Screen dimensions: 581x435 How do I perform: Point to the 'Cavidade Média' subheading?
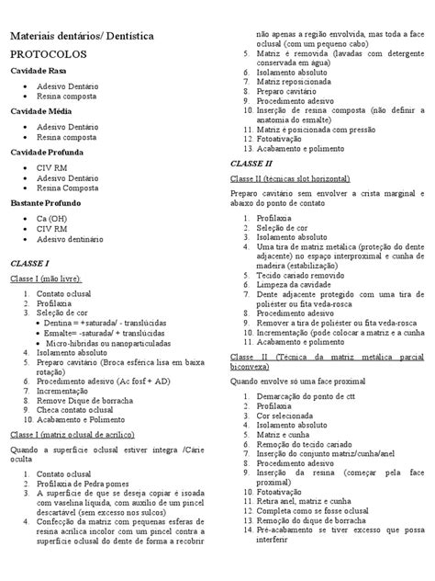pyautogui.click(x=41, y=110)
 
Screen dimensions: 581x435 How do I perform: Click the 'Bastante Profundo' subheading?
pyautogui.click(x=46, y=200)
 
